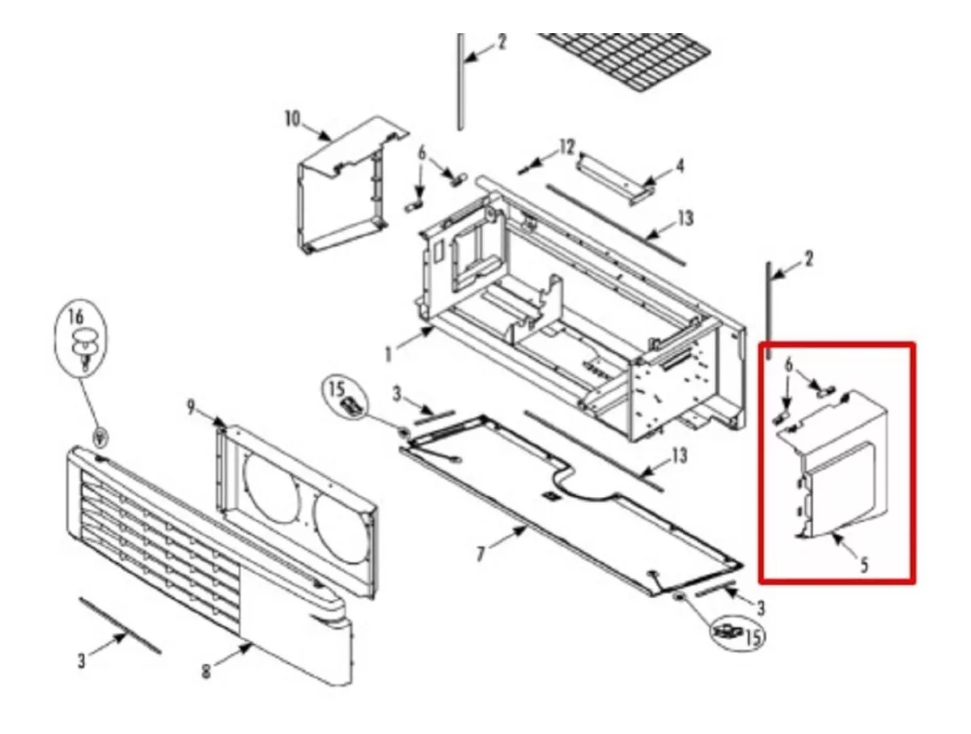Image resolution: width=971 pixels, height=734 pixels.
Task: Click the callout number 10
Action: (292, 119)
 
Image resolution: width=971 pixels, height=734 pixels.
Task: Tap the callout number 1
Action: (388, 354)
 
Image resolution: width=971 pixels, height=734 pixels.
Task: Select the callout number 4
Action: (680, 167)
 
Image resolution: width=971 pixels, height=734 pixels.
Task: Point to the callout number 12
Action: (567, 147)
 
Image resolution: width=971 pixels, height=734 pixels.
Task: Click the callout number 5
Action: (864, 566)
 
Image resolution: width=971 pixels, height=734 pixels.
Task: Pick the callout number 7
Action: (481, 554)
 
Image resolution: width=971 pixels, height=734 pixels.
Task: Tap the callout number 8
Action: (206, 672)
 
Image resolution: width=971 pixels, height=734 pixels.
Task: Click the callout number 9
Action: (191, 407)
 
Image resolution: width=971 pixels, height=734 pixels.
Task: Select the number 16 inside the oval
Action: (75, 316)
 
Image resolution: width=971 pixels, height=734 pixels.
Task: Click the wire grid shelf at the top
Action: (625, 62)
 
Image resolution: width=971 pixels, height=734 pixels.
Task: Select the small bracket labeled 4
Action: (616, 179)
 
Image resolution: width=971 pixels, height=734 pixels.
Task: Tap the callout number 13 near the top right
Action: (685, 219)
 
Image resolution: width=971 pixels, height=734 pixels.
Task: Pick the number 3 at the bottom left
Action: (81, 661)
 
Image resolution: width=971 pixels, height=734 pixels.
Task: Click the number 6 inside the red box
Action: (788, 365)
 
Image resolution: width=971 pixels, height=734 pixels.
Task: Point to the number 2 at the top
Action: (502, 42)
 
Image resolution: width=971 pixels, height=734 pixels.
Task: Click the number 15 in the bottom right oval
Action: (754, 637)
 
